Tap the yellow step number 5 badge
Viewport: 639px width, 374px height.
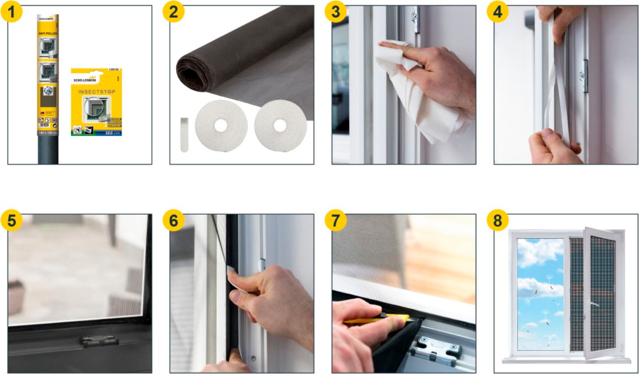(12, 221)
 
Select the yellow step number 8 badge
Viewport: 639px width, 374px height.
(498, 221)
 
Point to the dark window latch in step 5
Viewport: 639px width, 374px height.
(99, 341)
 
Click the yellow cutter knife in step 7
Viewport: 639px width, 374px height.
(380, 320)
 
